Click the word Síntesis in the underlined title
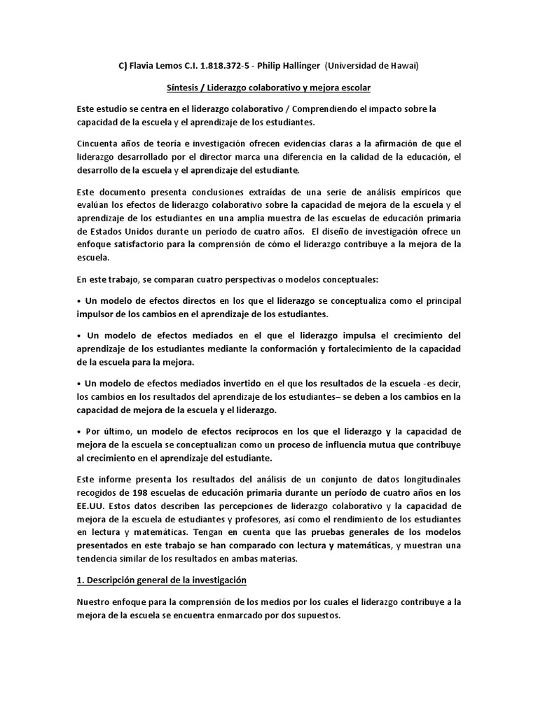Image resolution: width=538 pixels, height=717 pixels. (184, 88)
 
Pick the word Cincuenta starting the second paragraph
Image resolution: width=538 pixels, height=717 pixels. (100, 144)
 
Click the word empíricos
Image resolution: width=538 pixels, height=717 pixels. (394, 192)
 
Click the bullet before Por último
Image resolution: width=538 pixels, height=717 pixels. (79, 431)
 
